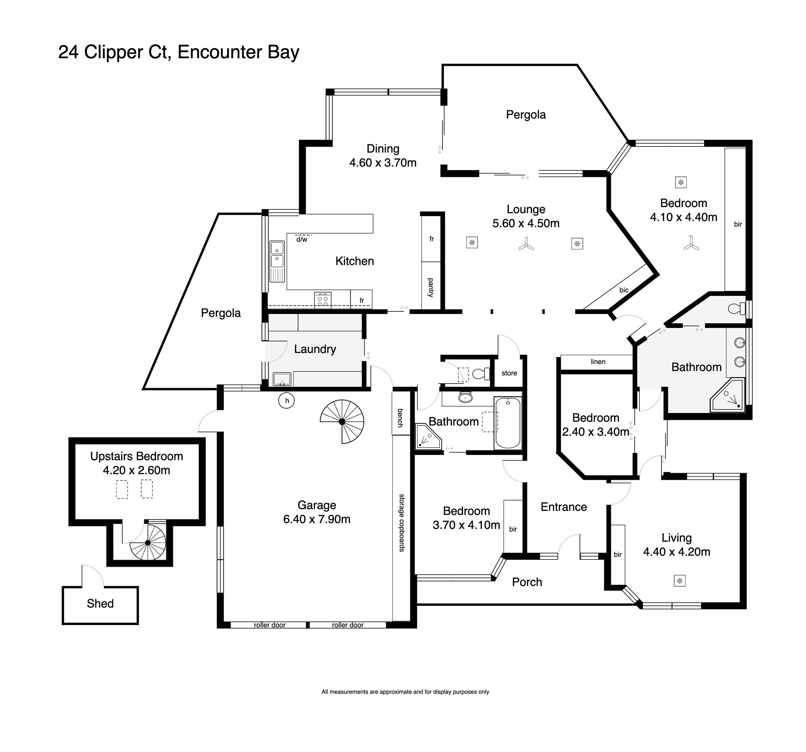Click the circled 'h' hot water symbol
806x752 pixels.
(x=286, y=401)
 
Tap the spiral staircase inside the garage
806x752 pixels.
(x=342, y=422)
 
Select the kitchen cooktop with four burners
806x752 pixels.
(x=323, y=300)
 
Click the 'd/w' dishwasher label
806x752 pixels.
(x=302, y=240)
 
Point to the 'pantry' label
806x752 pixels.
(x=431, y=287)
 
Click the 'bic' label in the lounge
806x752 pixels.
(x=624, y=290)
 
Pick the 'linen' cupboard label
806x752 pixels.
(x=598, y=362)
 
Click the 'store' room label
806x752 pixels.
(x=509, y=373)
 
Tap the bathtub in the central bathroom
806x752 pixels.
(x=508, y=423)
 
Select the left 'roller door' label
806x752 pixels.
(x=270, y=625)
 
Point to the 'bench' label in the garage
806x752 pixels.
(x=400, y=418)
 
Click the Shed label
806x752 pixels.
(x=100, y=604)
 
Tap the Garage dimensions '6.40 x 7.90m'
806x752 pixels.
(x=317, y=519)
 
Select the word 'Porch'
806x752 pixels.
(x=527, y=582)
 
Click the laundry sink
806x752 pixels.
(x=282, y=379)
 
